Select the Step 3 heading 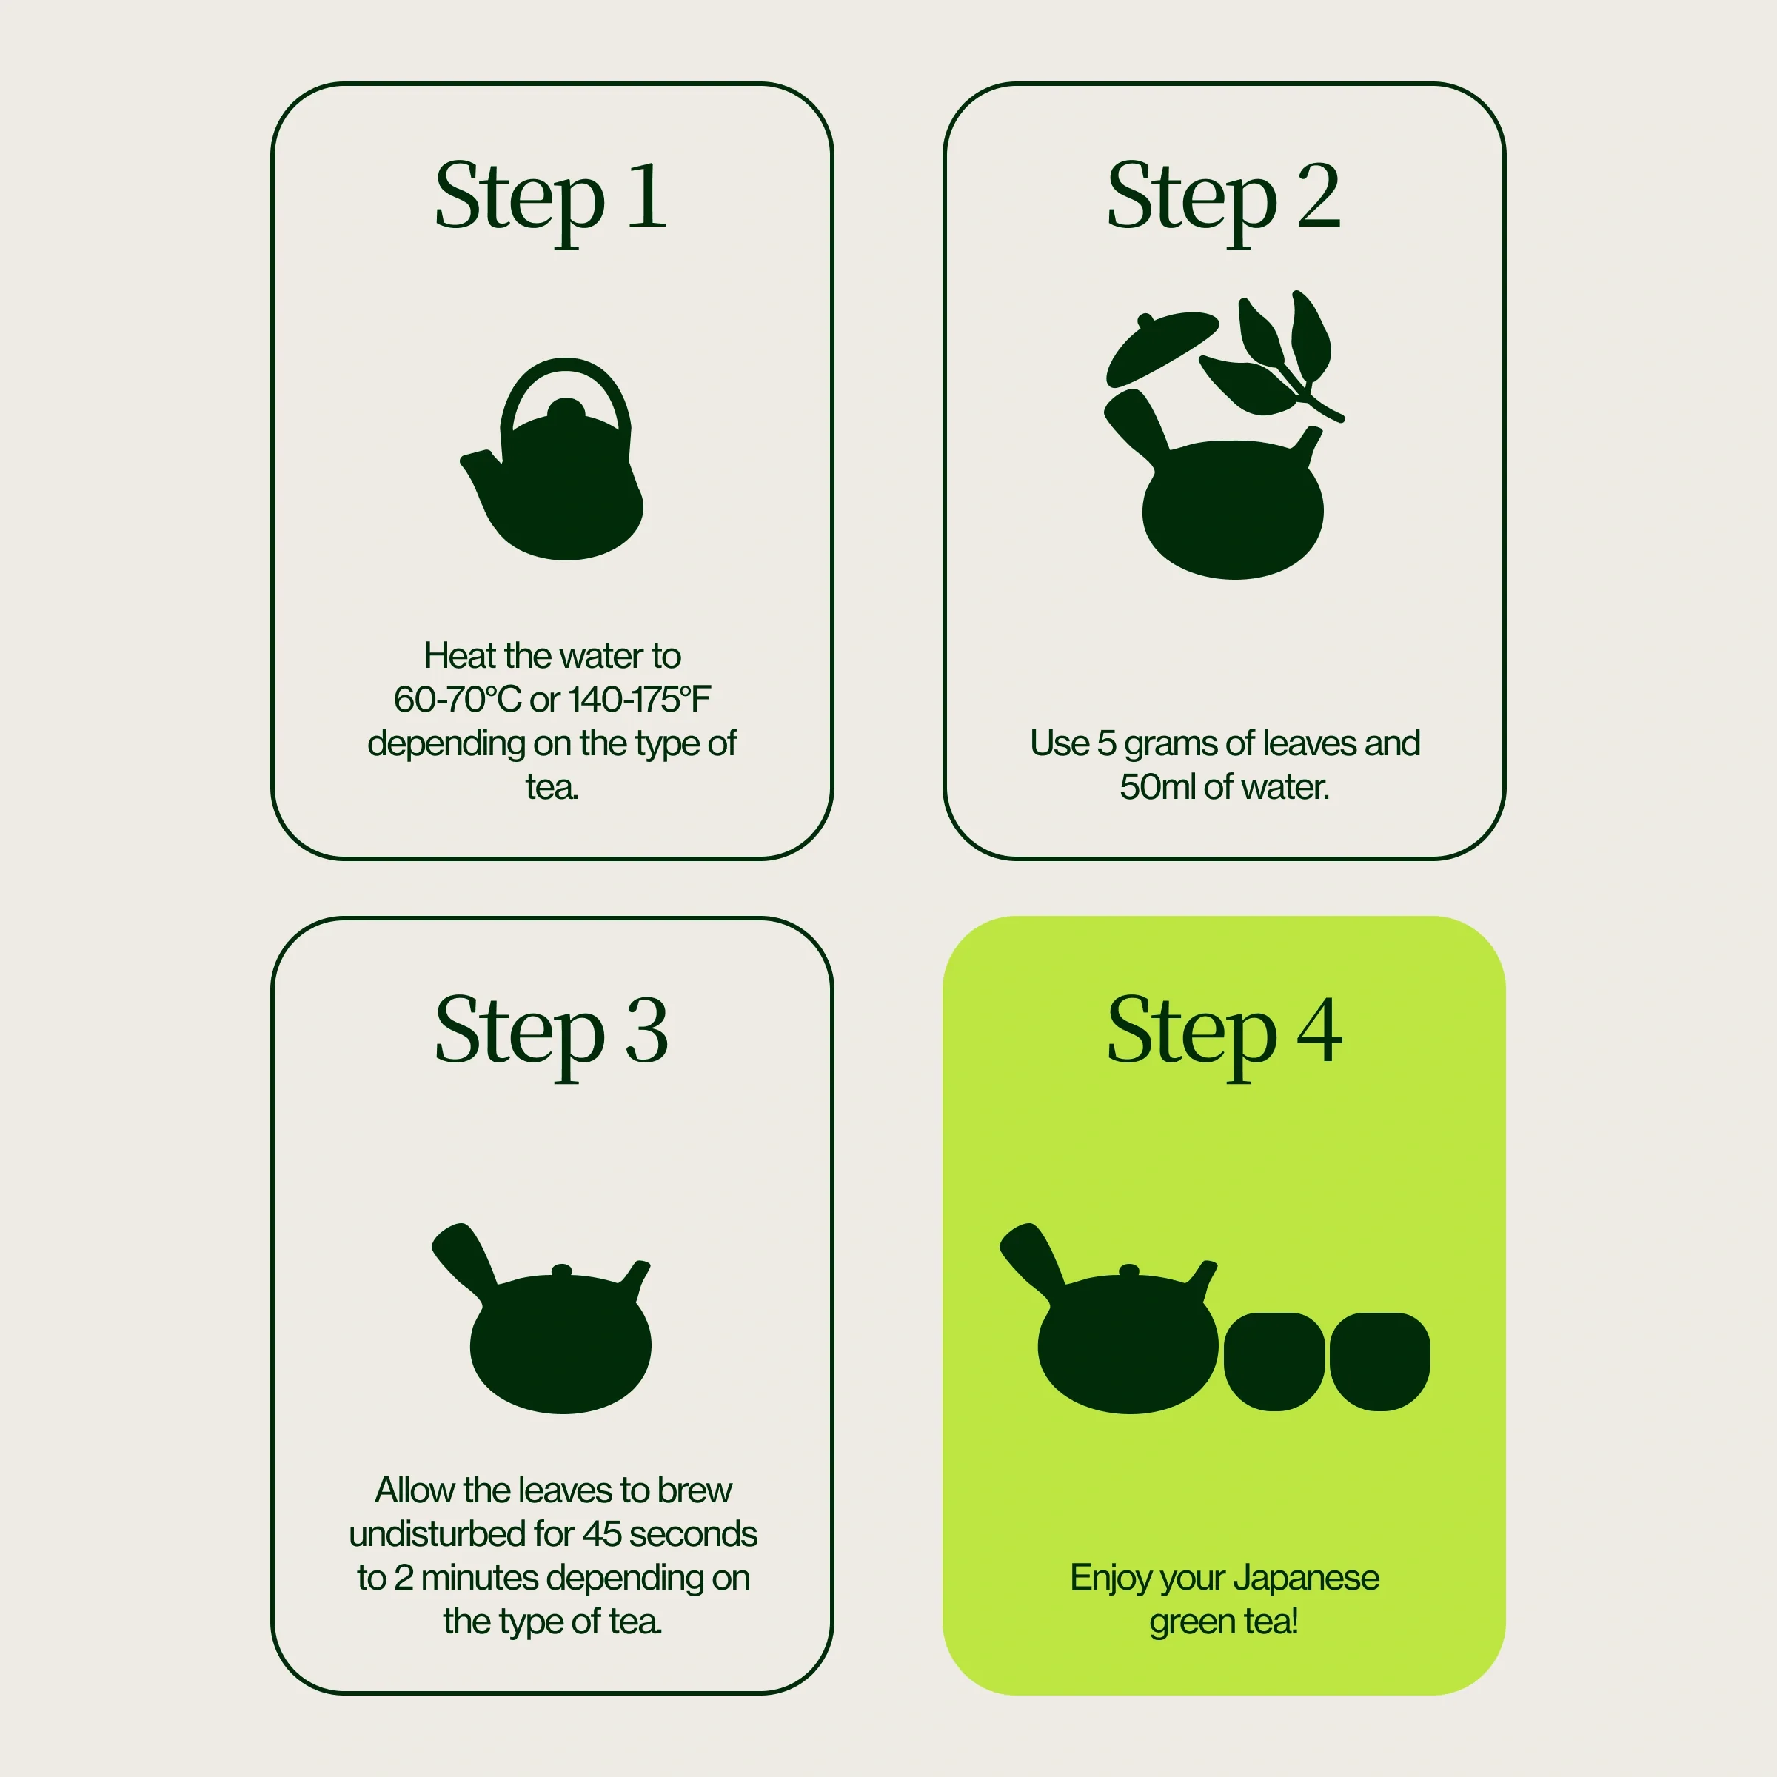pos(551,1034)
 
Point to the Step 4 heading pos(1224,1034)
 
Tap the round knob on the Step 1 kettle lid pos(566,410)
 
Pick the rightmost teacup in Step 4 pos(1379,1362)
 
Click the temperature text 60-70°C pos(457,699)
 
